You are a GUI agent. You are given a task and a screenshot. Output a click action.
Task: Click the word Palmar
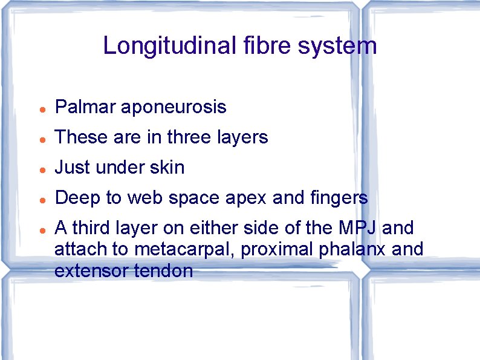tap(85, 108)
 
